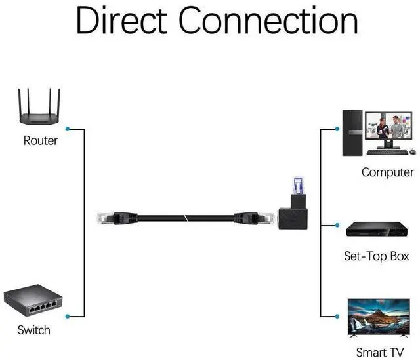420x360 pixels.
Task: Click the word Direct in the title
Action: (x=122, y=21)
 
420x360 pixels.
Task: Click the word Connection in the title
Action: (x=269, y=21)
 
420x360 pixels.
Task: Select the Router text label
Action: (x=40, y=140)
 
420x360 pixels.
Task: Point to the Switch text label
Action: (x=33, y=330)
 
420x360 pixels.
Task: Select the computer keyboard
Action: (x=386, y=153)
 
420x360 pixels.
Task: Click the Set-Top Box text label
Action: (x=376, y=256)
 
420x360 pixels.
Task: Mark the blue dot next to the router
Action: (x=68, y=129)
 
